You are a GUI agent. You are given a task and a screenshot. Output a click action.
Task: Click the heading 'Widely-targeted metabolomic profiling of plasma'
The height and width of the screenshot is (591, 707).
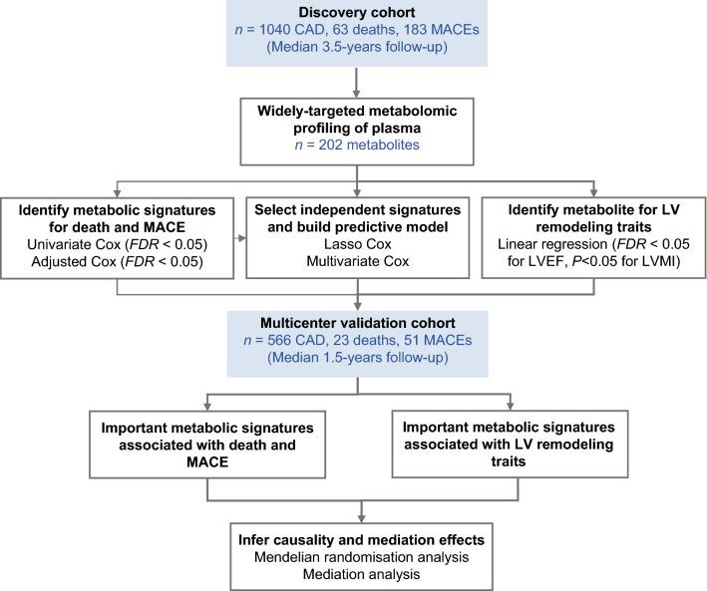[352, 114]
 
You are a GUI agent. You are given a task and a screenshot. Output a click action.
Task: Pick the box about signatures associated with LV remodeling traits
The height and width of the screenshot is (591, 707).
[511, 448]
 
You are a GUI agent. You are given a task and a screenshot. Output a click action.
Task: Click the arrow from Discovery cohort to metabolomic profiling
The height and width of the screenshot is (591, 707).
[352, 80]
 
